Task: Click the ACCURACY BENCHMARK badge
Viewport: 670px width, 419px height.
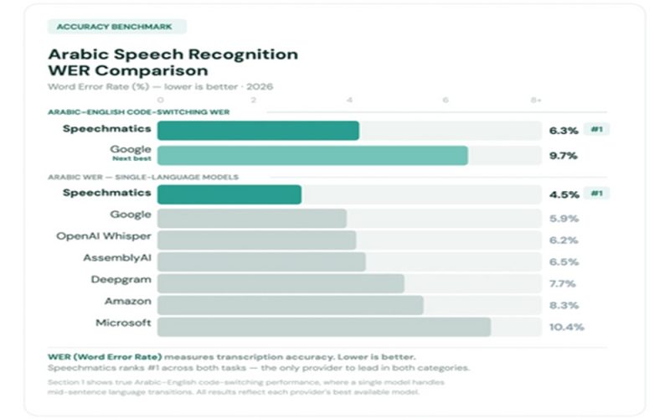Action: (x=115, y=27)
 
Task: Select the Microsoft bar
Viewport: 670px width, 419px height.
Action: (x=323, y=326)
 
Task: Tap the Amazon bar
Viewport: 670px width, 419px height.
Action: (x=290, y=304)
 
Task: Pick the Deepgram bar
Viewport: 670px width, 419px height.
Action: (x=281, y=282)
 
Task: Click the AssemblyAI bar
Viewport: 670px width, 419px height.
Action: (x=261, y=261)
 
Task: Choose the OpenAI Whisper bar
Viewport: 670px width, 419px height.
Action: (x=256, y=240)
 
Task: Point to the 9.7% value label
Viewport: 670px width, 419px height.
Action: (x=564, y=155)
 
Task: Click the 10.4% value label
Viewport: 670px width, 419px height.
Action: (x=566, y=326)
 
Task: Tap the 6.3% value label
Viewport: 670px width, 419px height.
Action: (x=564, y=130)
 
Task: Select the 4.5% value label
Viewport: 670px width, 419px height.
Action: (x=564, y=194)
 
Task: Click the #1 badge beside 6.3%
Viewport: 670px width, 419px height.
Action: (x=597, y=130)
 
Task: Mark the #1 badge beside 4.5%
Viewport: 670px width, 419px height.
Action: (x=597, y=194)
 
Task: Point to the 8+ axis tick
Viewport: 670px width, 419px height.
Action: (x=536, y=100)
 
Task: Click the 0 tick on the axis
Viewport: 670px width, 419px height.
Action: (x=160, y=100)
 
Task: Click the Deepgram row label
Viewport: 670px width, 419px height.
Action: (x=121, y=279)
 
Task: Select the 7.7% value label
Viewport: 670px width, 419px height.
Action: (x=564, y=283)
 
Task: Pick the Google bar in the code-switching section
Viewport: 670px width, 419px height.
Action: (x=312, y=155)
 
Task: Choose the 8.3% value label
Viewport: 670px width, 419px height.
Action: (x=564, y=305)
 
